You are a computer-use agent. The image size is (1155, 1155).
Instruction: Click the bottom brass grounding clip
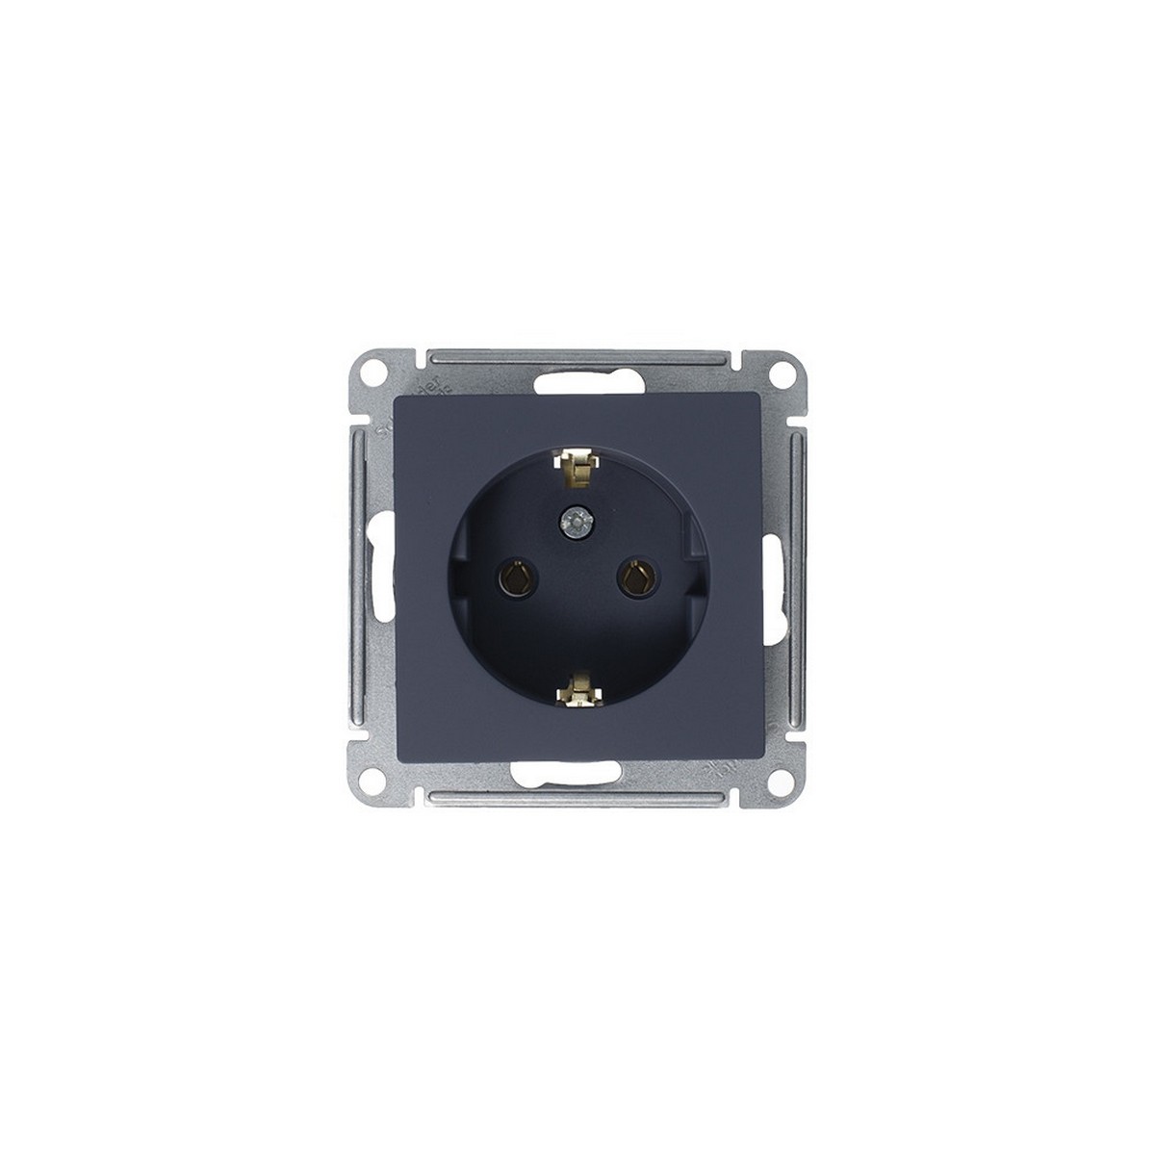577,687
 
